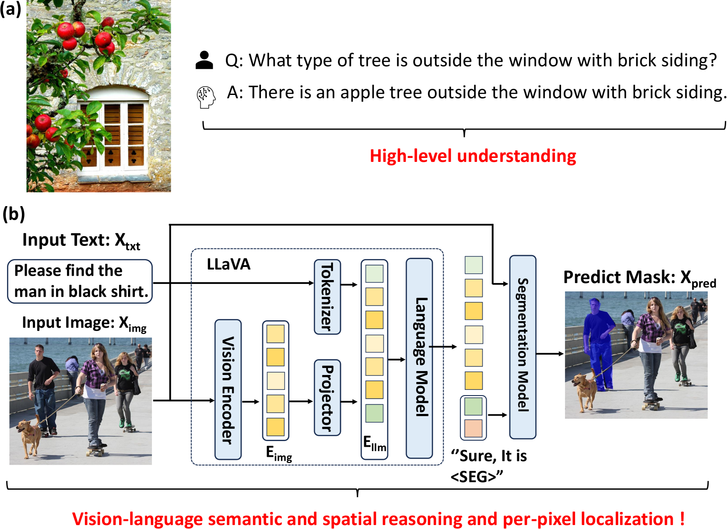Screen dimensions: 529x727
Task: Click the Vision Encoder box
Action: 228,389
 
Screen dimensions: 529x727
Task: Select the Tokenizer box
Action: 327,297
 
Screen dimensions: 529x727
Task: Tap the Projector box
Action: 327,397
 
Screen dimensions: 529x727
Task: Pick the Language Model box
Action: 419,358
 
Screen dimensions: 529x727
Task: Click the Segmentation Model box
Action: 523,347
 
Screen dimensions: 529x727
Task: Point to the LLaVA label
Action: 228,264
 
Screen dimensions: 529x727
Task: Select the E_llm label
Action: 375,444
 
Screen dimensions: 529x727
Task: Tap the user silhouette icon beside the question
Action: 204,60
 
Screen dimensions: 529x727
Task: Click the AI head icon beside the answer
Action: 206,97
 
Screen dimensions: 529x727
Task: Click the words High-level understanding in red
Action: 473,156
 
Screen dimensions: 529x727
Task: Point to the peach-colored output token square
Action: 473,428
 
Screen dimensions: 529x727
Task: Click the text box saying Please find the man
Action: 80,281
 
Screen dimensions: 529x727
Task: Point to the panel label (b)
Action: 13,214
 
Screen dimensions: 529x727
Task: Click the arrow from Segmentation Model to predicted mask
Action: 550,354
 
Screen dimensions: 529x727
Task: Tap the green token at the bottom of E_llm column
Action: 374,413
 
